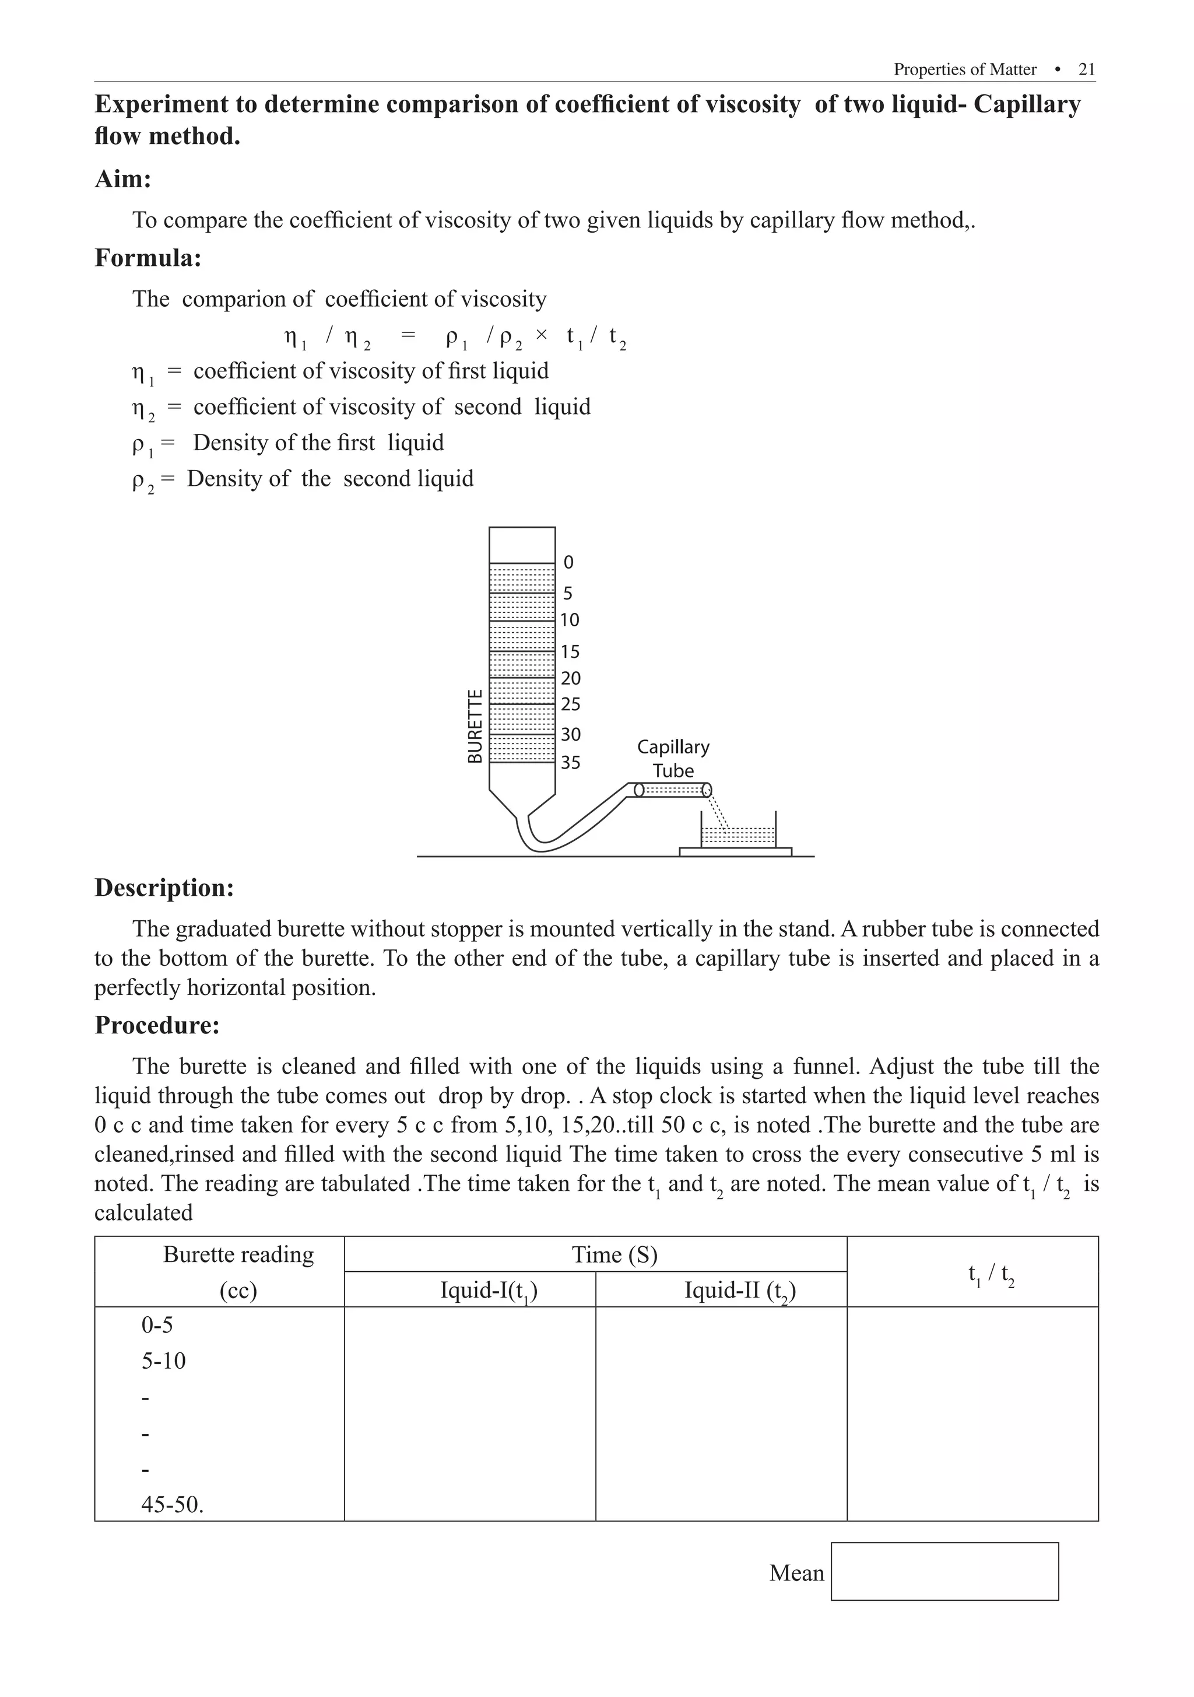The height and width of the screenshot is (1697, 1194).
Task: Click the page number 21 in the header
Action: (1086, 69)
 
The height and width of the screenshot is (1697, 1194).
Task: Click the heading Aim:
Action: (122, 179)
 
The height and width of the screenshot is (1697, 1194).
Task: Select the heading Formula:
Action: (148, 258)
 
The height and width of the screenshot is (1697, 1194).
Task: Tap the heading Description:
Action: (164, 888)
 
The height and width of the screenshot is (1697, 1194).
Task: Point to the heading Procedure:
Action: (157, 1025)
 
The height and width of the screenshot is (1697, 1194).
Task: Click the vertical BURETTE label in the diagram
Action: (475, 727)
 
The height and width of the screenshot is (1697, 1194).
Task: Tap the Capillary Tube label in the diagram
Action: (673, 758)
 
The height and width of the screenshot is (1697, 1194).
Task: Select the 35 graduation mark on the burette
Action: (570, 762)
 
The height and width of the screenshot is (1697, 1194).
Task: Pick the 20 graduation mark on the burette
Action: (570, 678)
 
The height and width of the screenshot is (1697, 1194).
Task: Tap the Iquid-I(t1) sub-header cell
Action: (489, 1291)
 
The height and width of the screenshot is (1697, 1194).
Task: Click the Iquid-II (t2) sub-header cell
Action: (740, 1291)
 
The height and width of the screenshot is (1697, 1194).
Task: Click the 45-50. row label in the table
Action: (172, 1504)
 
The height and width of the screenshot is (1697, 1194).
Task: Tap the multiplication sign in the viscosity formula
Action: (541, 335)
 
